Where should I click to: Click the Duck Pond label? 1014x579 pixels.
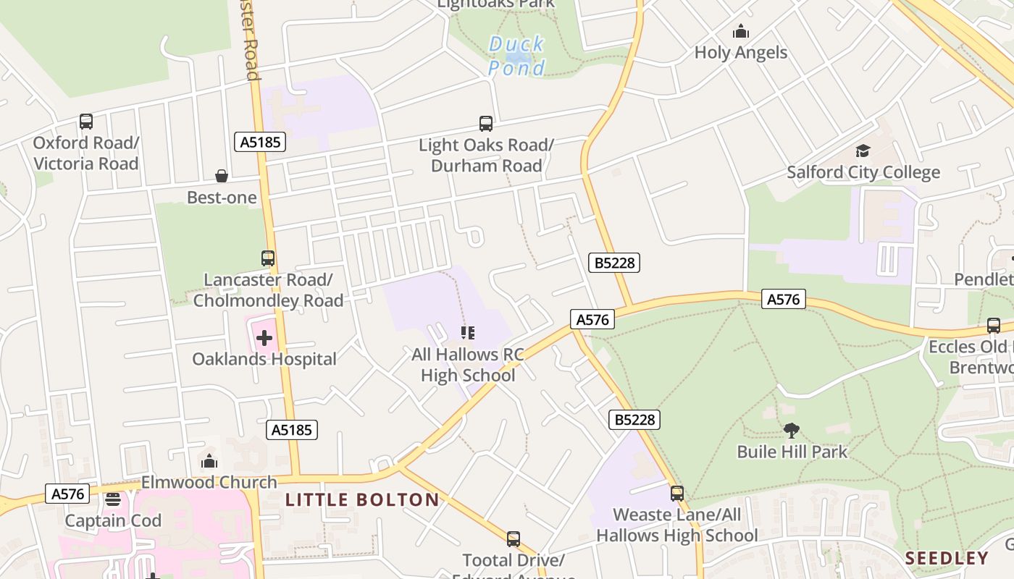tap(516, 56)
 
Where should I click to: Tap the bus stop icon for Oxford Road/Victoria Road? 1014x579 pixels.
tap(86, 122)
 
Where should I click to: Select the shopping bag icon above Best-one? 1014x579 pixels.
tap(222, 176)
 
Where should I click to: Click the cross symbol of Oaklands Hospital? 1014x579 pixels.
tap(264, 337)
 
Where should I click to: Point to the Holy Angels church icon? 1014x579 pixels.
tap(740, 31)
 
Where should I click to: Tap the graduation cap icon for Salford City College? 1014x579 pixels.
tap(863, 151)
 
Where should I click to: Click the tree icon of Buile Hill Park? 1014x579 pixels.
tap(791, 431)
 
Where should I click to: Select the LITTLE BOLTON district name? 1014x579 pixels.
tap(362, 499)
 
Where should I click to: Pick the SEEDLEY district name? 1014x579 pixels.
tap(947, 558)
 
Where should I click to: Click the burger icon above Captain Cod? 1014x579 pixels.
tap(112, 499)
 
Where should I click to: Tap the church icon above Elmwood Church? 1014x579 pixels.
tap(209, 461)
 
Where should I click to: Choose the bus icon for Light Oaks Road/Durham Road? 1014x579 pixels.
tap(485, 123)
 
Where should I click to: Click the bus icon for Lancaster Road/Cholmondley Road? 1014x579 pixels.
tap(268, 258)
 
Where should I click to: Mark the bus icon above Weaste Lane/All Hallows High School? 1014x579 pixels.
tap(676, 494)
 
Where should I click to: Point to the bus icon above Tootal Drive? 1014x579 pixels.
tap(514, 538)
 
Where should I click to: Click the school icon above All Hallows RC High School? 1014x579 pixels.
tap(468, 333)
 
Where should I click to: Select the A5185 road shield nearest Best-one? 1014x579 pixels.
tap(261, 142)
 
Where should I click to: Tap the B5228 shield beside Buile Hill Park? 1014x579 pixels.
tap(634, 419)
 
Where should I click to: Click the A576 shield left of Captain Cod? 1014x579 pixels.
tap(68, 494)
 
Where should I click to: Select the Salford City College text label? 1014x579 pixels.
tap(863, 172)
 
